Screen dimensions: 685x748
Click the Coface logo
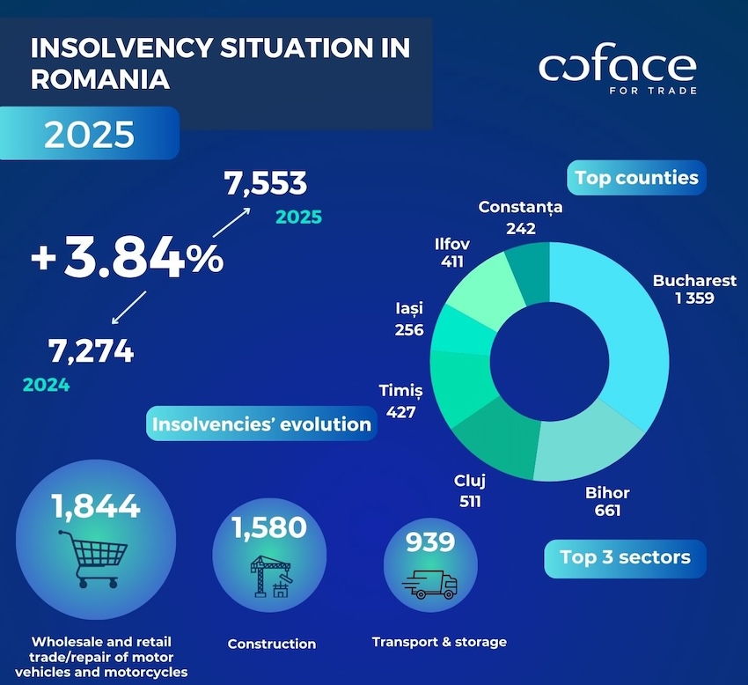click(x=617, y=70)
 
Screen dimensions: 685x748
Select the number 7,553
click(x=265, y=184)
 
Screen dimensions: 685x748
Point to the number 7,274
click(x=91, y=351)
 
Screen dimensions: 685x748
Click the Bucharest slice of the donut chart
click(x=607, y=335)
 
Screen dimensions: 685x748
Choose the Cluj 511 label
click(x=469, y=491)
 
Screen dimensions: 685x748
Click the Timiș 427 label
click(x=400, y=401)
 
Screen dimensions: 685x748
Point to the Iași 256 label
click(x=409, y=320)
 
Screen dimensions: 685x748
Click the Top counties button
click(x=636, y=178)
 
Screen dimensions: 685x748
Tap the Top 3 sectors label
click(x=625, y=557)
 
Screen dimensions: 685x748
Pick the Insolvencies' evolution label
click(x=261, y=424)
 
